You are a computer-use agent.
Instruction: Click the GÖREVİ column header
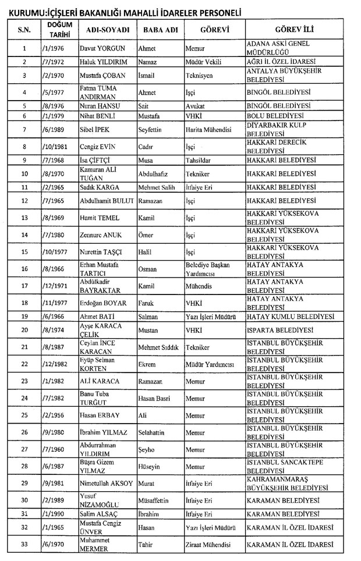coord(214,29)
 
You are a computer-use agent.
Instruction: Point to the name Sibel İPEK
coord(94,128)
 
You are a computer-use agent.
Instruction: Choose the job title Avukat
coord(194,106)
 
